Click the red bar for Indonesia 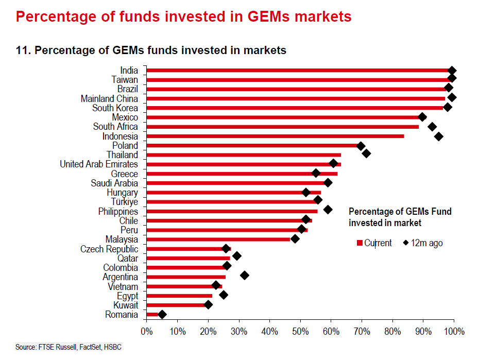tap(275, 136)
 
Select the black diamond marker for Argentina tap(245, 276)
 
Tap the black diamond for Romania tap(162, 314)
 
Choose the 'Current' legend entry tap(374, 243)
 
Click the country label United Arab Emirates tap(99, 164)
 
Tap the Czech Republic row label tap(109, 249)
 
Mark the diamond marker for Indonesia tap(439, 136)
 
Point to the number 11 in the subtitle tap(22, 50)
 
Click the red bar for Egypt tap(179, 296)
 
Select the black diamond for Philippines tap(328, 210)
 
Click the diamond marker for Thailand tap(366, 153)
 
